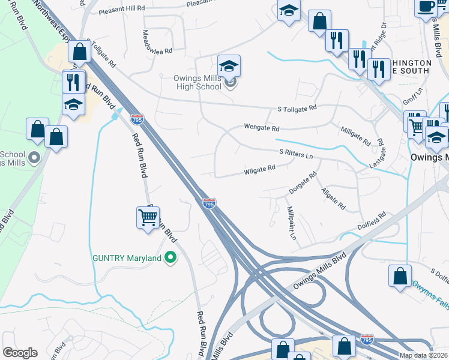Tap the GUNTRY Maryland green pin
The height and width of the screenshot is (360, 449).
[170, 258]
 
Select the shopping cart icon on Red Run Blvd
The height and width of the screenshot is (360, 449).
[148, 217]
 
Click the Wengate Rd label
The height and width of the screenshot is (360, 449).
[262, 128]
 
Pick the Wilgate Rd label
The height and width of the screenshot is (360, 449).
[259, 170]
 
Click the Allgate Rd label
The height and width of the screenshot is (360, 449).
[333, 199]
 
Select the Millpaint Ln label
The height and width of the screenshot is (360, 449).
[292, 223]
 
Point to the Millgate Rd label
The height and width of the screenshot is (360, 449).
[355, 136]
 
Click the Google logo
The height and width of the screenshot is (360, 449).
[20, 353]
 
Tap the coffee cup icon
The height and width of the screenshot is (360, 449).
[426, 7]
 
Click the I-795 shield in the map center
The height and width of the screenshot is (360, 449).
[209, 204]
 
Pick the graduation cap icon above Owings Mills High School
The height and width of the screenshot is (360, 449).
[229, 66]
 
